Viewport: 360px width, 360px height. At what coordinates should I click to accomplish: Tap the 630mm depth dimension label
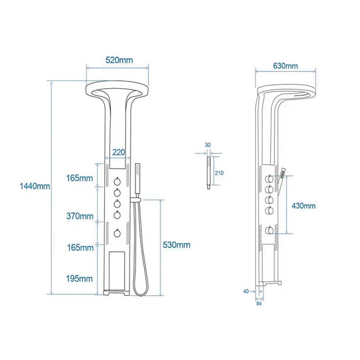[285, 65]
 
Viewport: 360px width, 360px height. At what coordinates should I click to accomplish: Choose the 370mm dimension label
[79, 215]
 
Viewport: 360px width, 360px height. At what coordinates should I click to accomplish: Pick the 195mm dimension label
[79, 278]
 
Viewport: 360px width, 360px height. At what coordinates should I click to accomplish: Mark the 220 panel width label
[118, 152]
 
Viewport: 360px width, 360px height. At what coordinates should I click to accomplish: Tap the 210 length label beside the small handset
[219, 174]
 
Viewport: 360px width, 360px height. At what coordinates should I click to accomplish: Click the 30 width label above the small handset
[208, 145]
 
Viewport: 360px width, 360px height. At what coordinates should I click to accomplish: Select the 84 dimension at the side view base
[258, 304]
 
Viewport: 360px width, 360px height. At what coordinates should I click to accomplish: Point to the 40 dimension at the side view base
[246, 291]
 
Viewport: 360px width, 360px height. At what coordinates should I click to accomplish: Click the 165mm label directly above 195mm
[79, 247]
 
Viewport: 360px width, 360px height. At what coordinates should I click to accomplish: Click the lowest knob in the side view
[270, 229]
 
